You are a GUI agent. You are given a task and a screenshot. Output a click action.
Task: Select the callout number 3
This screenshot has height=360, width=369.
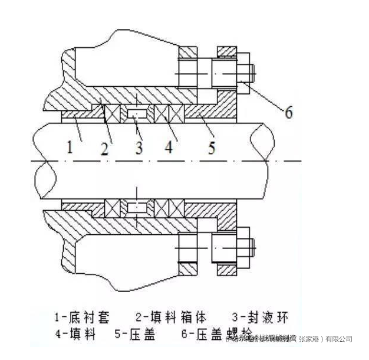click(139, 147)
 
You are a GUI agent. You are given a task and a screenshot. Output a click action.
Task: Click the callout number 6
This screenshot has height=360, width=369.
click(288, 112)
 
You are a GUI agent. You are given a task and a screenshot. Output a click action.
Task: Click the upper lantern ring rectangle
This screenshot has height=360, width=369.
click(139, 112)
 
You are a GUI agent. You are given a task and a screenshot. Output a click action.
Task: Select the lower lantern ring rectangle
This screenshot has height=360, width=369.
click(139, 208)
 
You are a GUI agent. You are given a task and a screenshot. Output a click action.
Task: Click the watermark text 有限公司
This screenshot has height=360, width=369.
click(337, 339)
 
